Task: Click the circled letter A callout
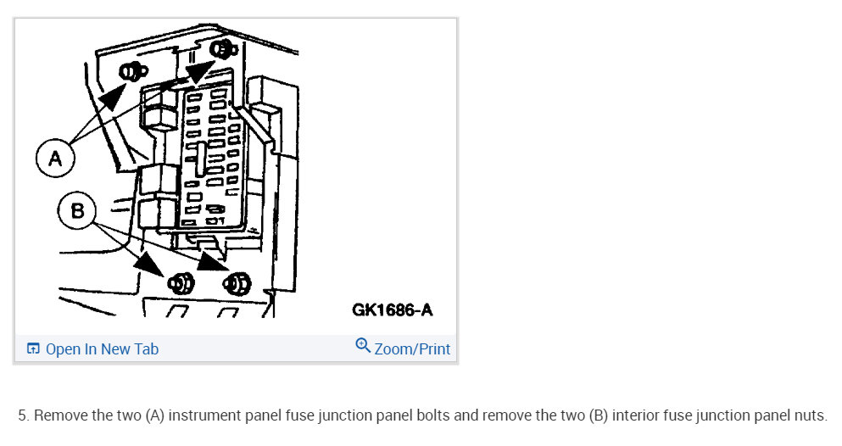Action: click(55, 159)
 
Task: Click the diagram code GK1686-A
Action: click(392, 310)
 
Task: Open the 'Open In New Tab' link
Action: click(102, 349)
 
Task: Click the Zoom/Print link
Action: click(412, 349)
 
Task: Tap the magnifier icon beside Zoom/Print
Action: click(363, 346)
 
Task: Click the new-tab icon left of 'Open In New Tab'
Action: click(33, 349)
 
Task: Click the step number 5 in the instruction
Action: click(22, 416)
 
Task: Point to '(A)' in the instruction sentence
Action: click(153, 416)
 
